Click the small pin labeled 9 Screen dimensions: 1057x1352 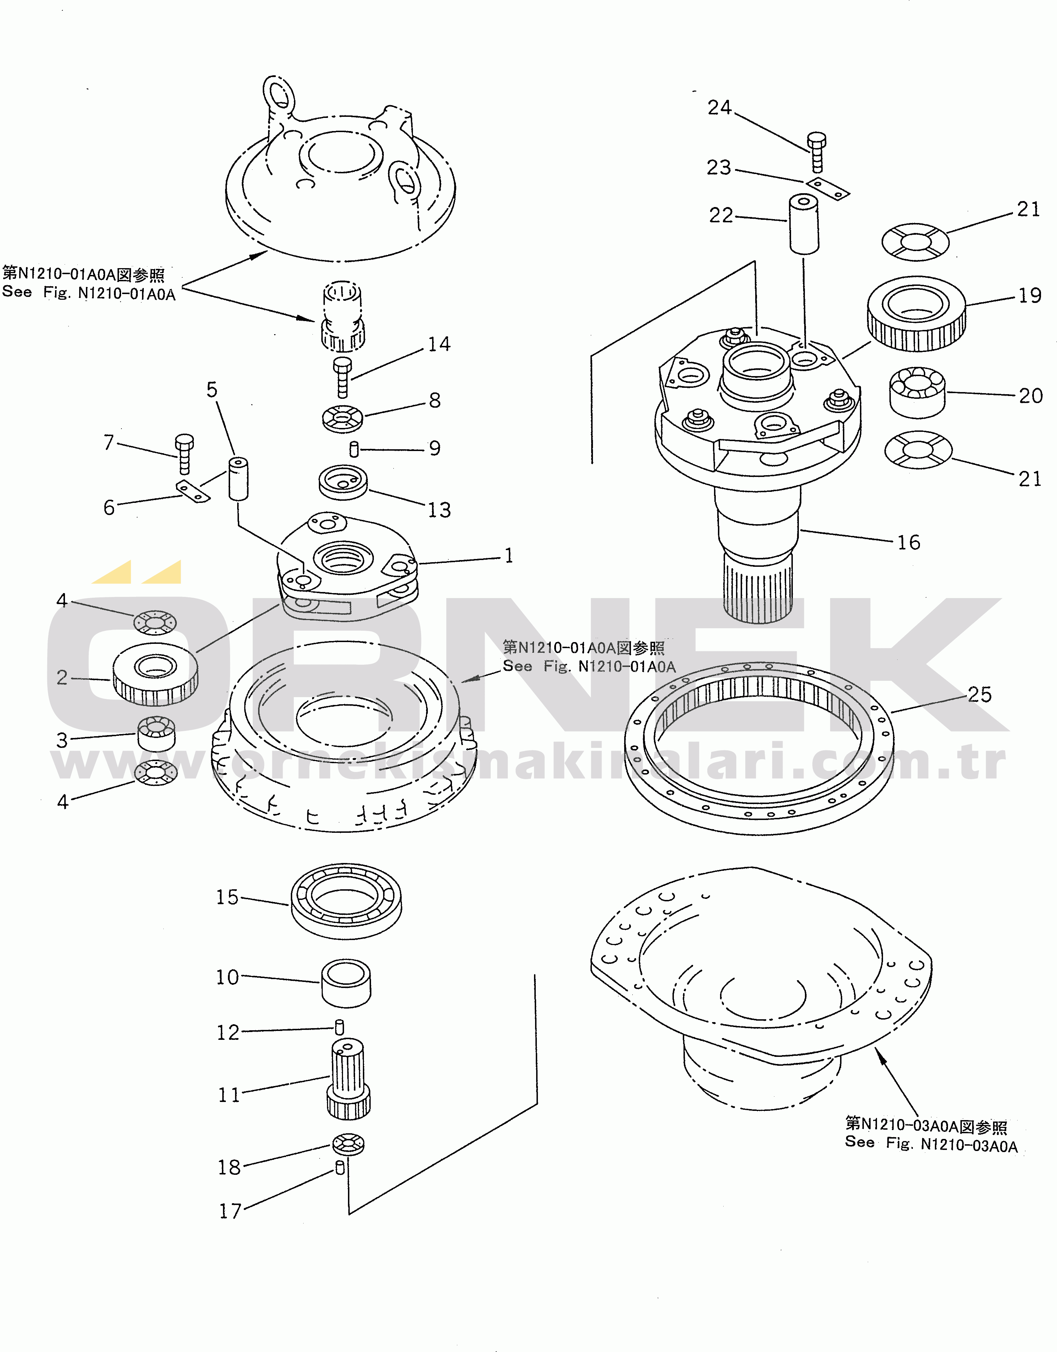[x=354, y=449]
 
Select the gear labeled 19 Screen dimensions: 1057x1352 [x=916, y=313]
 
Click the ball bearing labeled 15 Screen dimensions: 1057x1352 [x=346, y=901]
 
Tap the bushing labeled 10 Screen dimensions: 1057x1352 [x=346, y=984]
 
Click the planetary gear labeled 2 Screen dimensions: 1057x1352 [x=155, y=674]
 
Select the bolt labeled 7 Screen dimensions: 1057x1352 [x=184, y=454]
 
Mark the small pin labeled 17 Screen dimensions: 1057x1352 [x=340, y=1168]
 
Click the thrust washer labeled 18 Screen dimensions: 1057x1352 [x=348, y=1144]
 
